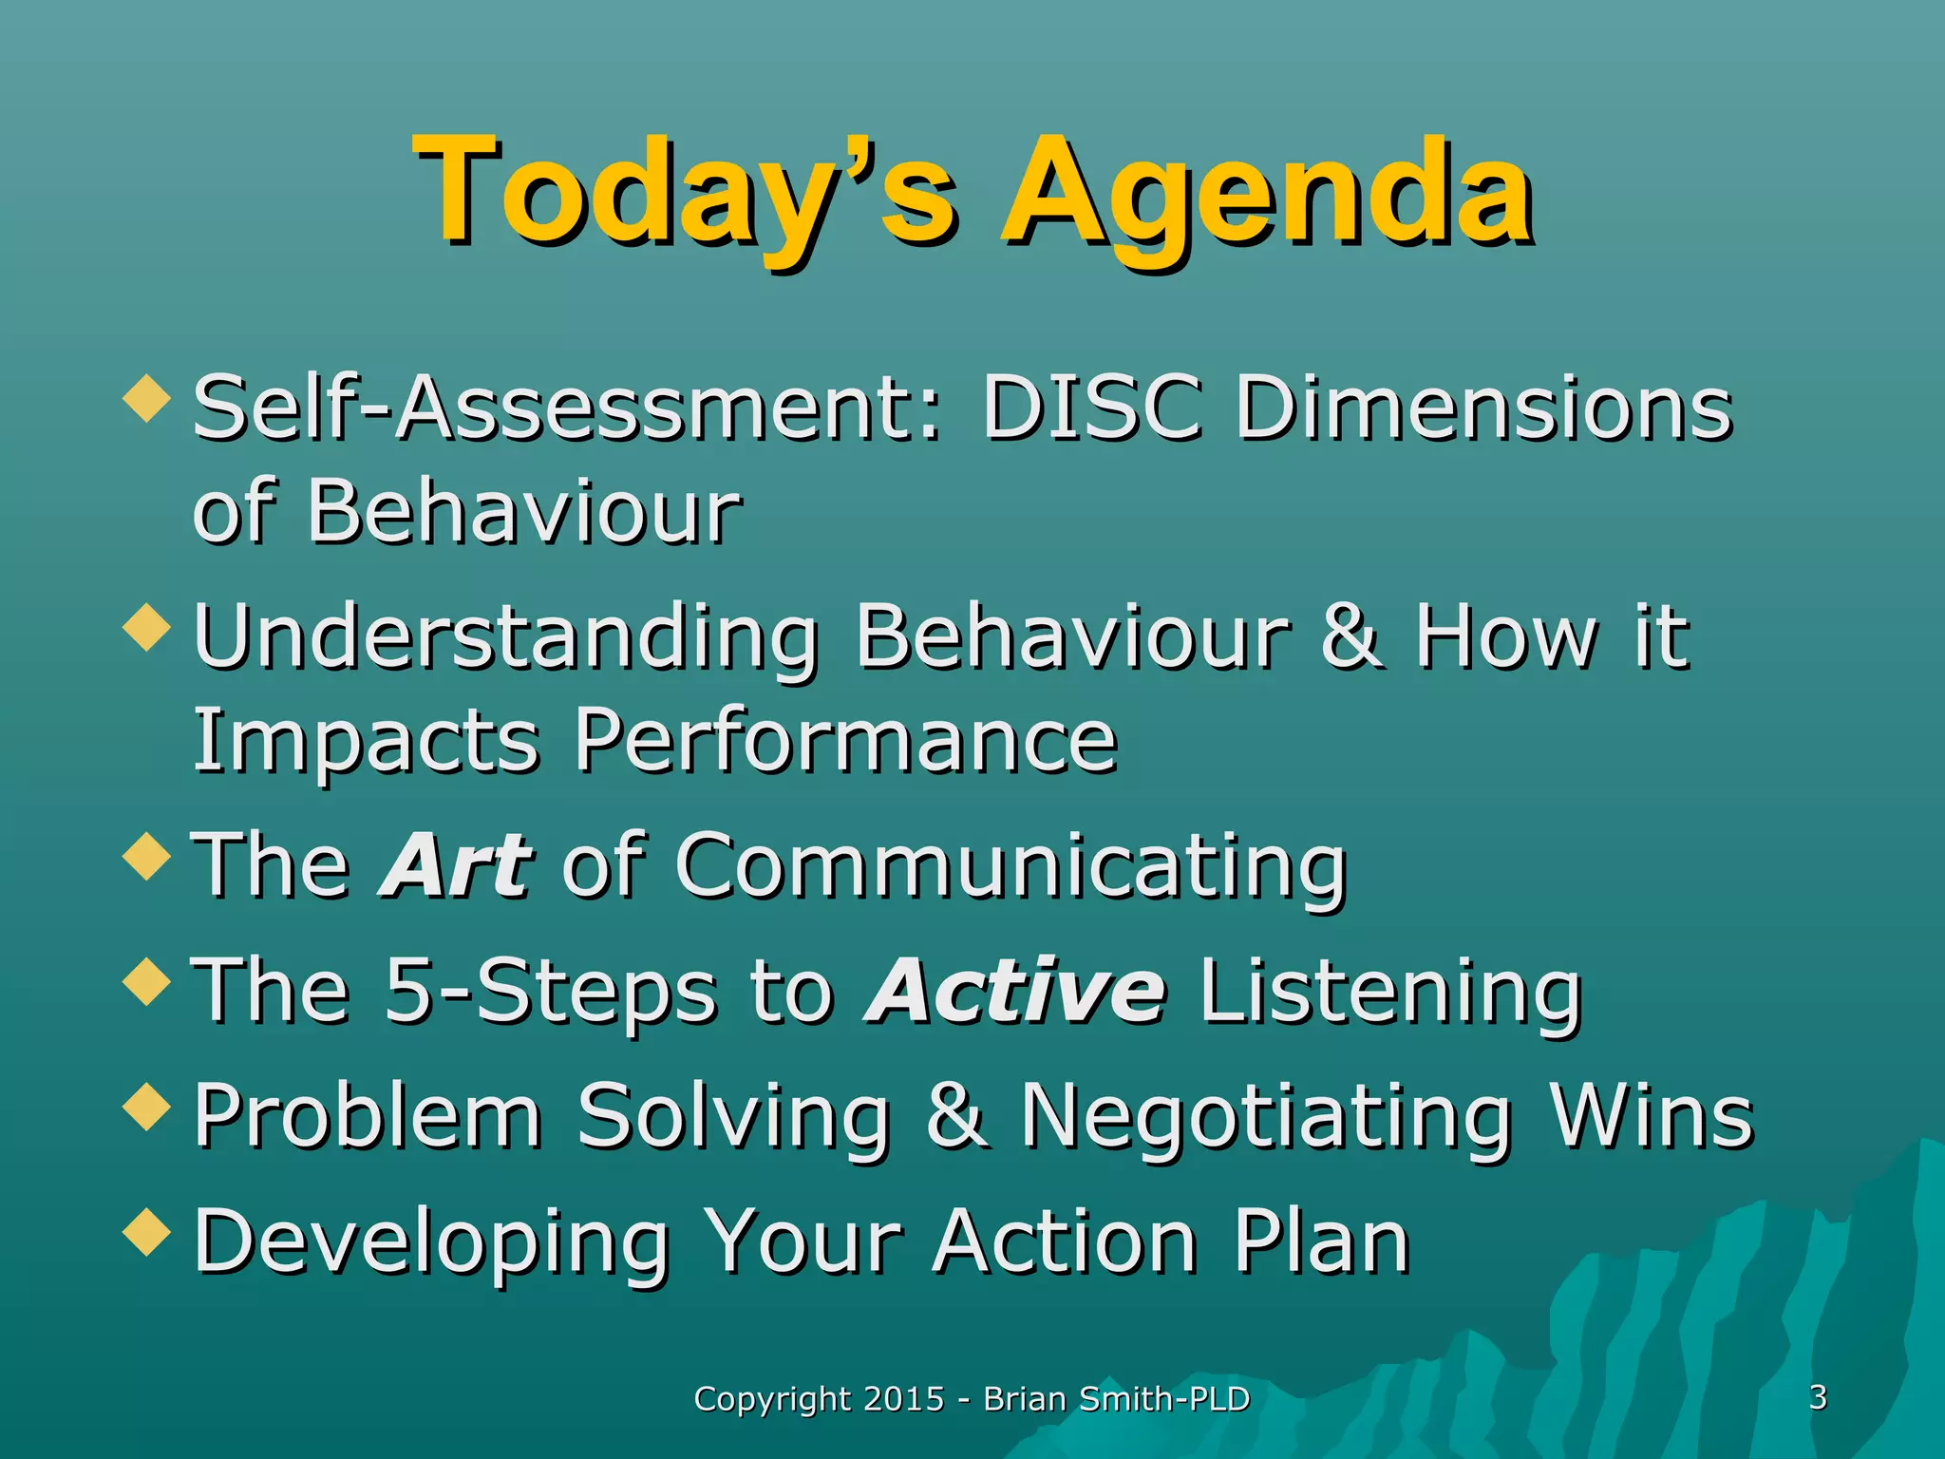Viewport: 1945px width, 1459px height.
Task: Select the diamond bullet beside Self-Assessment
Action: [147, 396]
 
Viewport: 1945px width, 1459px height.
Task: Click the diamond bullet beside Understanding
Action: [147, 627]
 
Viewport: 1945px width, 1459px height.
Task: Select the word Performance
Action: [845, 741]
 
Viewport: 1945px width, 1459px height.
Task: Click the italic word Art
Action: [456, 864]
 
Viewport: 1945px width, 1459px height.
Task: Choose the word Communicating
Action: [1011, 866]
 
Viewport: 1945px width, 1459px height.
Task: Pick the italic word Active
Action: [1014, 991]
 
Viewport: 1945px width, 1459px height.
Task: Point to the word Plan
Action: [1321, 1241]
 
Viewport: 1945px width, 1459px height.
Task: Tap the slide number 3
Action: [1818, 1397]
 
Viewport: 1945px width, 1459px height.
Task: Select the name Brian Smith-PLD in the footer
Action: [1116, 1399]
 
